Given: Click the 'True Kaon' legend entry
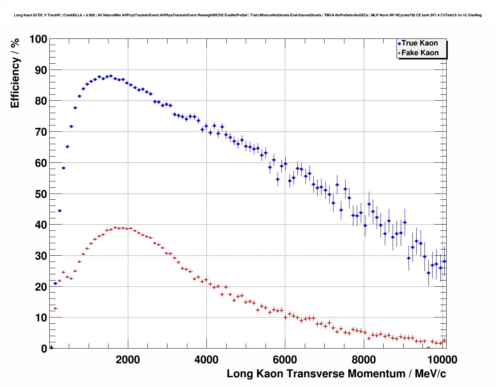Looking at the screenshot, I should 419,43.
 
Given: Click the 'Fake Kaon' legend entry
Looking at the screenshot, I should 420,53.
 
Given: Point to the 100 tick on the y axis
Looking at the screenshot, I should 38,39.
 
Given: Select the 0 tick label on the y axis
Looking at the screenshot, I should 44,349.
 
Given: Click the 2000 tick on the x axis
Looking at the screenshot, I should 128,359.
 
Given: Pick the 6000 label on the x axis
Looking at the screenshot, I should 285,359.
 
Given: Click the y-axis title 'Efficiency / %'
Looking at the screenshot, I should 15,73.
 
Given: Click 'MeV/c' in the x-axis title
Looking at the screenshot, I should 430,374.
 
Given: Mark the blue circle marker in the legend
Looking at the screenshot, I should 399,44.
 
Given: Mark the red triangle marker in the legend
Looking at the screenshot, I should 399,53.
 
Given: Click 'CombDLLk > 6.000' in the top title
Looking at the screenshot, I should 79,15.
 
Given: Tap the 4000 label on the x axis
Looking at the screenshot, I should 206,359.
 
